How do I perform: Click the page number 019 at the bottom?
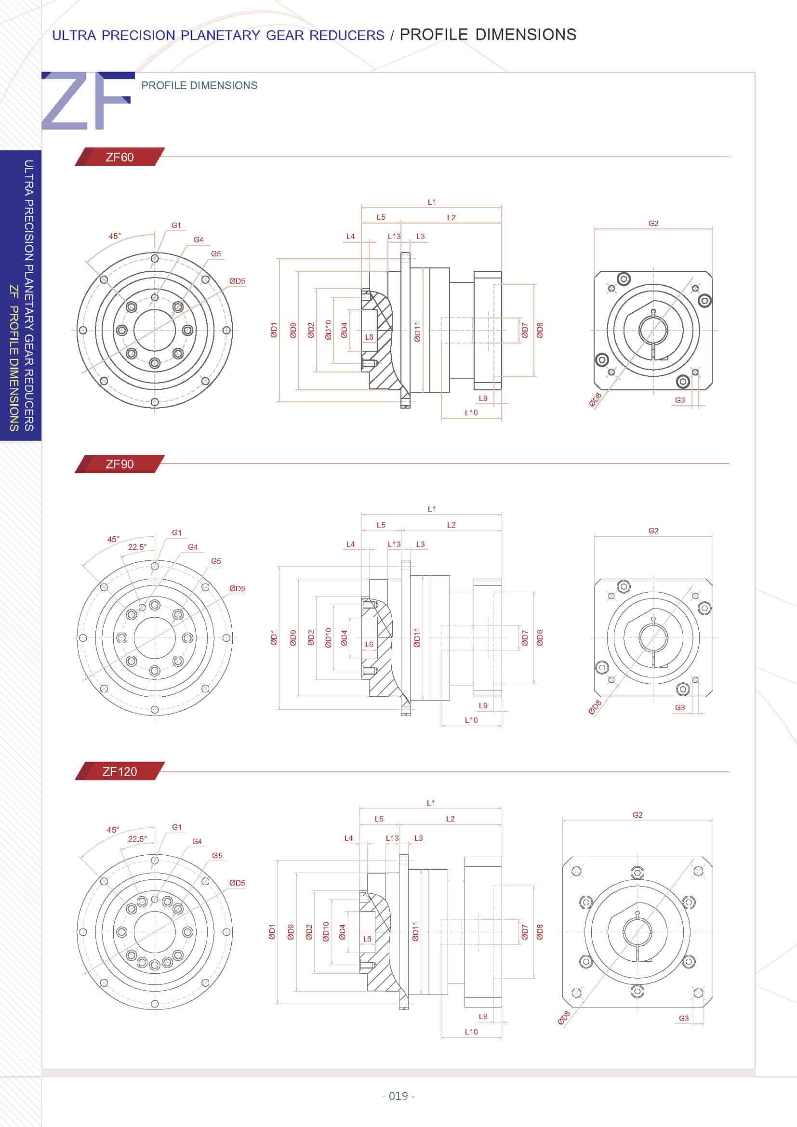click(x=398, y=1096)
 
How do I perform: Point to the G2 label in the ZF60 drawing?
click(x=653, y=224)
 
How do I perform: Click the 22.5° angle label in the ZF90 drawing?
click(x=137, y=547)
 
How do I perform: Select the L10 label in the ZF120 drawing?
click(x=471, y=1031)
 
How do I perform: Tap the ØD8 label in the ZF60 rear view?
click(x=595, y=399)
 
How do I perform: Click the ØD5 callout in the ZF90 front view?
click(x=237, y=588)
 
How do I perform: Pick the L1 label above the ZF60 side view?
click(x=431, y=202)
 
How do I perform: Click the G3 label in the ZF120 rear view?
click(x=684, y=1018)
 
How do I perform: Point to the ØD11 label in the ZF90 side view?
click(x=417, y=637)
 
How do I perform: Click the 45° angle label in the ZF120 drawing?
click(x=113, y=830)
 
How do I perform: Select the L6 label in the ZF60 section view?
click(x=369, y=337)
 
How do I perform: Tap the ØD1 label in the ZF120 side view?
click(x=272, y=932)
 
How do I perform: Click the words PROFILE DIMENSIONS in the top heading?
click(x=488, y=34)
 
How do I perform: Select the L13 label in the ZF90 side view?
click(x=394, y=544)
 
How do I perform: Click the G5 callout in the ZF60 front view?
click(x=216, y=254)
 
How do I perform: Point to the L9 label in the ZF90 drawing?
click(x=483, y=705)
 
